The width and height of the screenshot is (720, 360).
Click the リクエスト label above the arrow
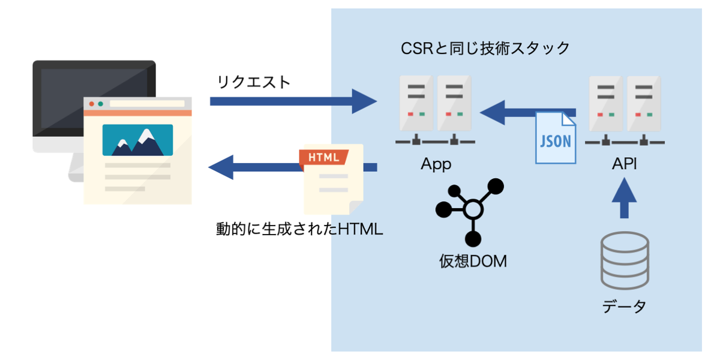(254, 82)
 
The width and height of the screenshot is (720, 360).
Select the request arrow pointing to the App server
(293, 101)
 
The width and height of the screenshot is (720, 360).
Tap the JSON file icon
(556, 137)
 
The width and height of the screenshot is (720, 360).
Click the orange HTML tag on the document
(323, 157)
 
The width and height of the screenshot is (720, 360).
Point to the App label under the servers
(436, 164)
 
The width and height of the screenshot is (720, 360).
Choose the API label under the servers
(624, 164)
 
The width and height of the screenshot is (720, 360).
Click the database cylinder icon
(625, 260)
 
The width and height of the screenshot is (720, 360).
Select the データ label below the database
(624, 307)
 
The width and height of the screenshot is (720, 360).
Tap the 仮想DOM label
(473, 261)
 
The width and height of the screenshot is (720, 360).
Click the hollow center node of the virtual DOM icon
(473, 209)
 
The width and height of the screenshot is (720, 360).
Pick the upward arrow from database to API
(624, 198)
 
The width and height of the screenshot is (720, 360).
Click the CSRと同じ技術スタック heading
(485, 49)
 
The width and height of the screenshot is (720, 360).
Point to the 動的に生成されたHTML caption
(299, 229)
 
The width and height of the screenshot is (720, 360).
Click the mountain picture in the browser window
(137, 140)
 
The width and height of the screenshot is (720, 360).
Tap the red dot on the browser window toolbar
(92, 104)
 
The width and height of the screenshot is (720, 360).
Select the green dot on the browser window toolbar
(101, 104)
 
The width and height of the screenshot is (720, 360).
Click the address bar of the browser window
(147, 103)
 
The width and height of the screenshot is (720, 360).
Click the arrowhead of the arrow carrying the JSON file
(493, 113)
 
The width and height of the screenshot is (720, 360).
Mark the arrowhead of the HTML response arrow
(221, 167)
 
